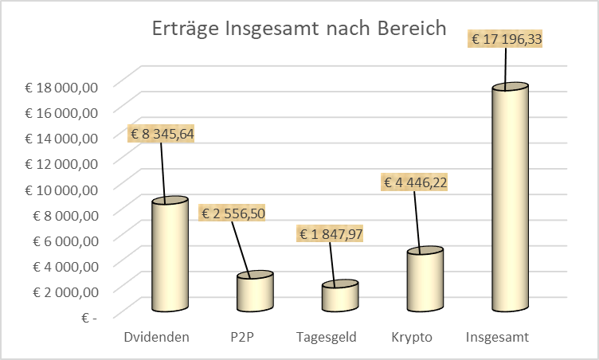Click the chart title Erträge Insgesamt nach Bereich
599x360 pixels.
pyautogui.click(x=299, y=29)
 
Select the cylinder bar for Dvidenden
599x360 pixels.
pyautogui.click(x=170, y=255)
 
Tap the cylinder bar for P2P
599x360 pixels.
pyautogui.click(x=255, y=293)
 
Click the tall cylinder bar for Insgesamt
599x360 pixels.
pyautogui.click(x=510, y=199)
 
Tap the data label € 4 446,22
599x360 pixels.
pyautogui.click(x=416, y=182)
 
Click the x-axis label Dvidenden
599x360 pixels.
pyautogui.click(x=157, y=337)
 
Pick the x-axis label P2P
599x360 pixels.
pyautogui.click(x=241, y=337)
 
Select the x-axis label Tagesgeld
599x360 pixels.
pyautogui.click(x=327, y=337)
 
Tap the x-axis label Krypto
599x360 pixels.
pyautogui.click(x=412, y=337)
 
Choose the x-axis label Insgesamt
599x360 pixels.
pyautogui.click(x=497, y=337)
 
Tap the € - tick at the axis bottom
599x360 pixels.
pyautogui.click(x=88, y=317)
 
